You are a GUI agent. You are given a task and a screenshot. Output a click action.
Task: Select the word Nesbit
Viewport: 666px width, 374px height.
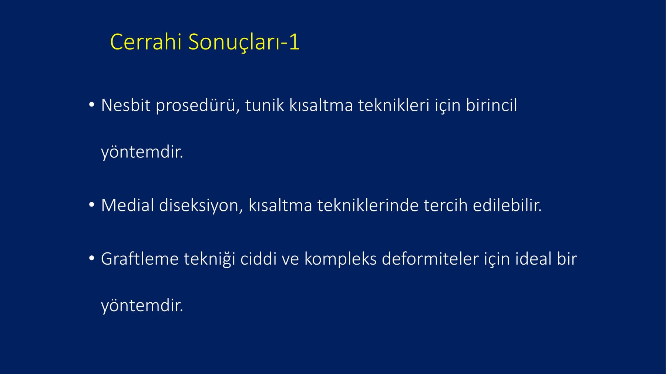[126, 105]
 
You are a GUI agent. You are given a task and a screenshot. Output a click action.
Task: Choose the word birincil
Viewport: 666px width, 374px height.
[491, 105]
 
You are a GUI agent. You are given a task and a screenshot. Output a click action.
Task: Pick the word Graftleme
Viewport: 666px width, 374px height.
[139, 259]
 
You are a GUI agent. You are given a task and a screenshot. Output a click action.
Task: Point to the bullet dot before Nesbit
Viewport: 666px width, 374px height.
[92, 105]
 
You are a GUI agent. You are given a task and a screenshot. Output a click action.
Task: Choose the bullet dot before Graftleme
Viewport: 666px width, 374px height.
[92, 259]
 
